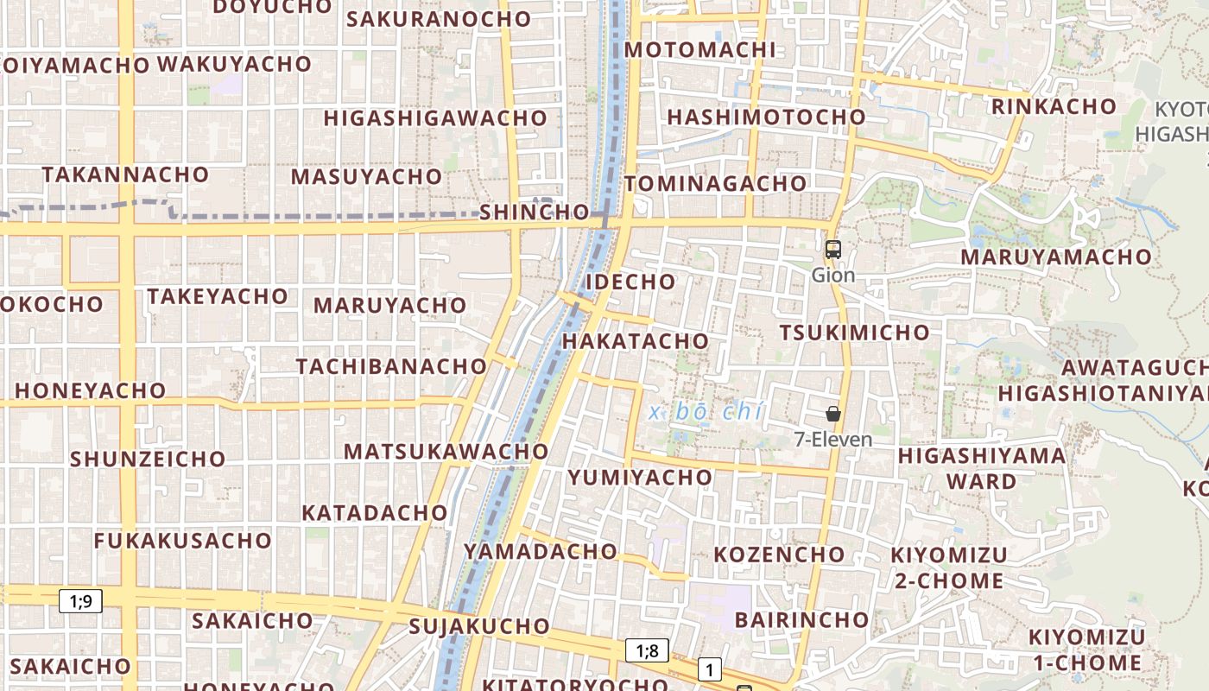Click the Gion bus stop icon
coord(832,250)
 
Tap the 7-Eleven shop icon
coord(832,414)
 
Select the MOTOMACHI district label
coord(700,49)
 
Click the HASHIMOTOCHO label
coord(766,117)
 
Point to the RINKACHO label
coord(1054,106)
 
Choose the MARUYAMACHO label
coord(1056,257)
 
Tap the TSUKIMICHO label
coord(854,333)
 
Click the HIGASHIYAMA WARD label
coord(982,468)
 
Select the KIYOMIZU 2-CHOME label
coord(949,567)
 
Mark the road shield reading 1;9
coord(80,600)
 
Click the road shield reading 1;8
coord(647,650)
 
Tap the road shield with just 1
coord(709,669)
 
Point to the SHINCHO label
coord(535,212)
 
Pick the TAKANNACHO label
coord(125,174)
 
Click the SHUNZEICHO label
coord(148,459)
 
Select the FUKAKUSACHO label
coord(182,541)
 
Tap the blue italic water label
coord(706,412)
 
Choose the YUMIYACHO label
coord(640,477)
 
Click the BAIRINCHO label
coord(801,619)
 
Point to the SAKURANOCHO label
coord(439,19)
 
